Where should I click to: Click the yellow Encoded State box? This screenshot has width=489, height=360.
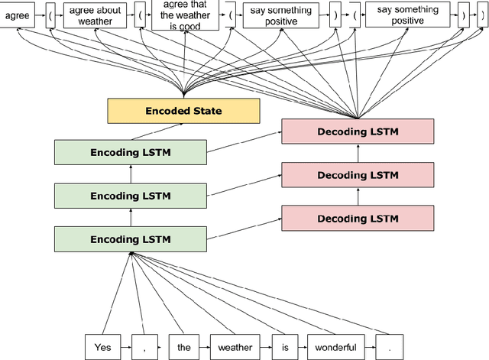184,111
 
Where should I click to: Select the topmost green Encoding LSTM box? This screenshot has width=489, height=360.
130,153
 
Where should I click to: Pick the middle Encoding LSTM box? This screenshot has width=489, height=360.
130,196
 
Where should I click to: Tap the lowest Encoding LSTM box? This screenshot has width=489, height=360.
130,239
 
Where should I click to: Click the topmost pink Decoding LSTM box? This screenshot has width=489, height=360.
357,131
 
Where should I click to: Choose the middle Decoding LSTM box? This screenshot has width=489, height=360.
357,175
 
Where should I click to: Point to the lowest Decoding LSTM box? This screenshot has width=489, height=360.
357,219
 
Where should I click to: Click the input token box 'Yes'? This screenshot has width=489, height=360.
102,346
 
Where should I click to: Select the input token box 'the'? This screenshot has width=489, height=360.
184,346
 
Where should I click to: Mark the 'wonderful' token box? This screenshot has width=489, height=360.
332,346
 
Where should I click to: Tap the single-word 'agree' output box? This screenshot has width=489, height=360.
18,15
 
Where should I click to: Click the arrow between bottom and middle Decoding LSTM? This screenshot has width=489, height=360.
358,197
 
